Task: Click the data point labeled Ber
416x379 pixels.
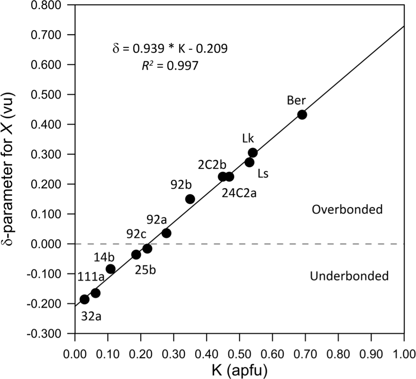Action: (x=302, y=114)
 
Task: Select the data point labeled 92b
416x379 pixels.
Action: (x=190, y=199)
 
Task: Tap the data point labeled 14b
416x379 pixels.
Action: (x=111, y=269)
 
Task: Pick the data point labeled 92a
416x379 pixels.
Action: (x=166, y=233)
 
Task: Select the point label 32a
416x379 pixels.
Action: (x=91, y=316)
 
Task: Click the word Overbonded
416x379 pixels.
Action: (x=347, y=209)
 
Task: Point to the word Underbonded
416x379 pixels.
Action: (x=349, y=276)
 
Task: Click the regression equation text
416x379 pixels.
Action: (x=170, y=48)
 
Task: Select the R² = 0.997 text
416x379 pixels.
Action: (x=170, y=66)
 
